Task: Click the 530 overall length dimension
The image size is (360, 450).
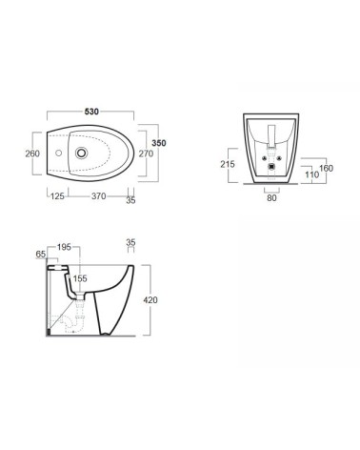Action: (x=90, y=111)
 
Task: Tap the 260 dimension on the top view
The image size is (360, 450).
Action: (x=31, y=152)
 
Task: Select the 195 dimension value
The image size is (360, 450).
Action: (x=64, y=247)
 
